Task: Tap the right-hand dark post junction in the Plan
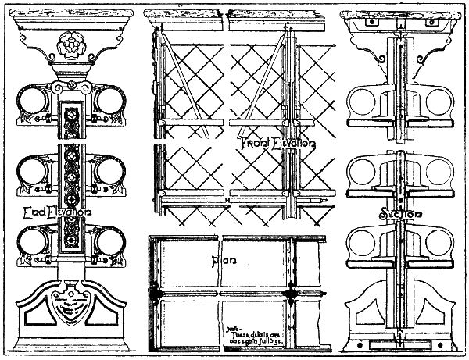tap(288, 294)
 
